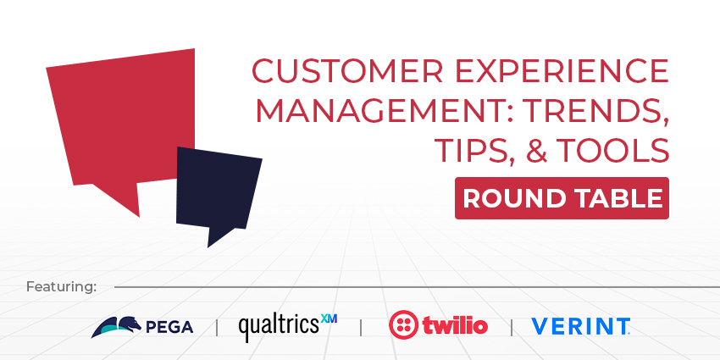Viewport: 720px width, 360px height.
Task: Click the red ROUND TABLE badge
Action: tap(562, 198)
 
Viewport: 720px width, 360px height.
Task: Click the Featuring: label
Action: tap(62, 286)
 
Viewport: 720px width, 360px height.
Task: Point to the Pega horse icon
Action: tap(114, 326)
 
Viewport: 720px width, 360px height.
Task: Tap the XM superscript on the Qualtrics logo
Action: tap(329, 319)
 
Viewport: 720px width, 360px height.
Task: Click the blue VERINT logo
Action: tap(580, 326)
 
